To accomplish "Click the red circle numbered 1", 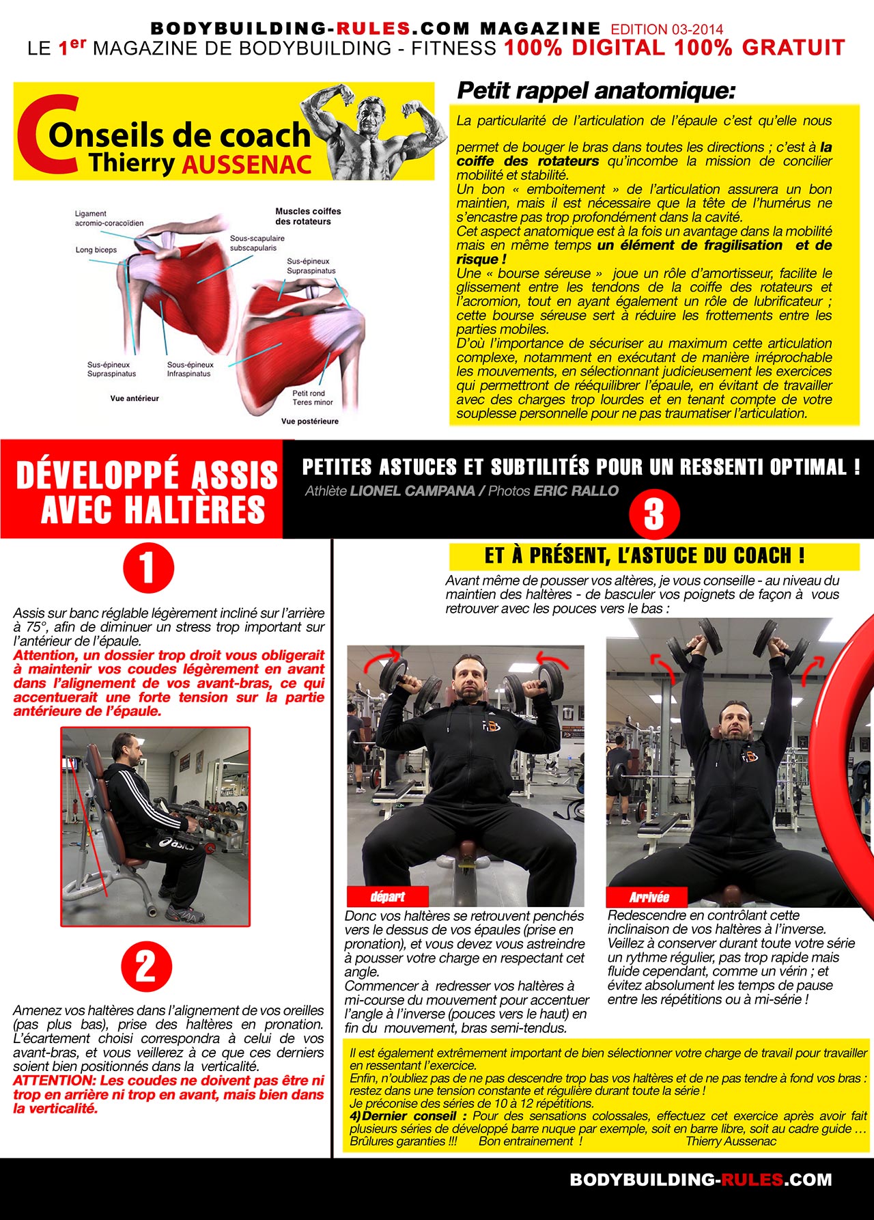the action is pyautogui.click(x=148, y=568).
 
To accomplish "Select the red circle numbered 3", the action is pyautogui.click(x=654, y=514).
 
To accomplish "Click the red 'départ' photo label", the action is pyautogui.click(x=387, y=896).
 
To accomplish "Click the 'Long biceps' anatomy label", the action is pyautogui.click(x=96, y=250).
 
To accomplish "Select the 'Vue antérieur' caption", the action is pyautogui.click(x=135, y=398).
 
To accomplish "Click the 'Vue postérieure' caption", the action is pyautogui.click(x=310, y=421).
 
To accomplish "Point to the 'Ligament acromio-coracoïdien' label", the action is pyautogui.click(x=109, y=218).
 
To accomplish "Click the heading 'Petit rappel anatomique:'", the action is pyautogui.click(x=596, y=90).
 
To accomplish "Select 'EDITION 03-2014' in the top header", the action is pyautogui.click(x=667, y=29).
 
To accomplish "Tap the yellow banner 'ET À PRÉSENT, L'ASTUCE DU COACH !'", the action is pyautogui.click(x=653, y=556).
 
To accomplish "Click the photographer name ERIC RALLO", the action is pyautogui.click(x=576, y=490).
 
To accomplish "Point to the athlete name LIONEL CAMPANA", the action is pyautogui.click(x=412, y=490).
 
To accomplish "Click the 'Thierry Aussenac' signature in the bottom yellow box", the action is pyautogui.click(x=731, y=1141).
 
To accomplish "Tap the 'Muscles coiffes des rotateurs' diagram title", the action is pyautogui.click(x=308, y=216).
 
